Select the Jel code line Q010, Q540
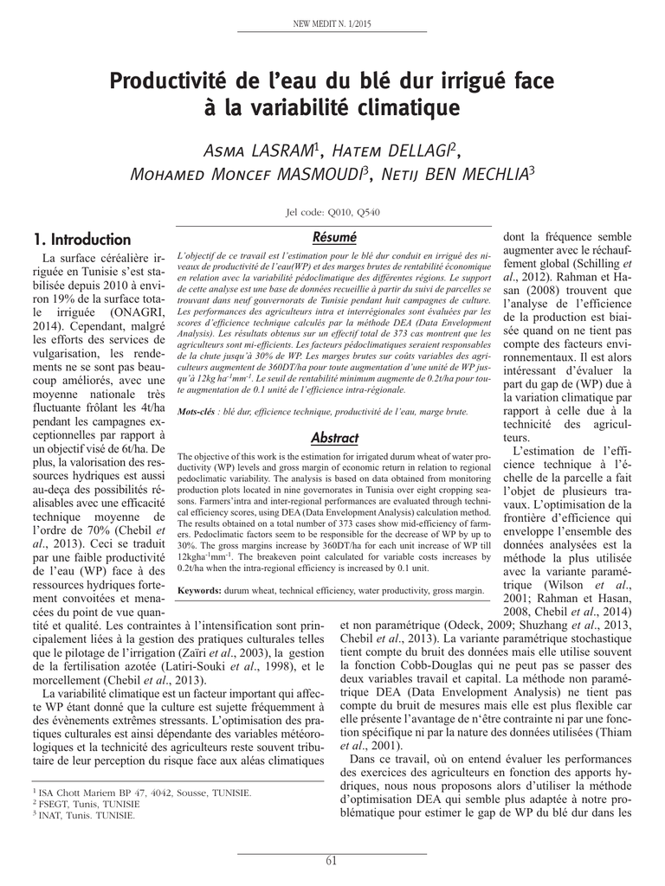pyautogui.click(x=332, y=213)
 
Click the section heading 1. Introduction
pyautogui.click(x=81, y=239)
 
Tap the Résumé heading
pyautogui.click(x=334, y=236)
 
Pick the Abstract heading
pyautogui.click(x=334, y=438)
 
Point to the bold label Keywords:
pyautogui.click(x=202, y=590)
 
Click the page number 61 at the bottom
pyautogui.click(x=332, y=859)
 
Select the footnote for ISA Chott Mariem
pyautogui.click(x=143, y=792)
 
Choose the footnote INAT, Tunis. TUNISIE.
pyautogui.click(x=86, y=815)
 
